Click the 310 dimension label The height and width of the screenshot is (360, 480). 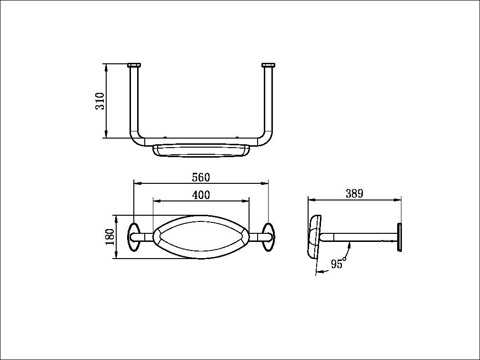tap(100, 101)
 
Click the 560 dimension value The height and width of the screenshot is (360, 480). tap(200, 178)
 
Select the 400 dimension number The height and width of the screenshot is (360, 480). tap(200, 195)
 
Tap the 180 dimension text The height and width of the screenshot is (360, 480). tap(110, 237)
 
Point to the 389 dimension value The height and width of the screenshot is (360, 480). tap(354, 193)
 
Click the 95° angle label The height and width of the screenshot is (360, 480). tap(338, 263)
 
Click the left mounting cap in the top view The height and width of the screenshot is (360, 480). tap(134, 65)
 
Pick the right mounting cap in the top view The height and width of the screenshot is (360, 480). tap(269, 65)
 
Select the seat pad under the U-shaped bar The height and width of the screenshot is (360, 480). tap(201, 151)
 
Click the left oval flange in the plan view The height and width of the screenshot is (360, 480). tap(134, 237)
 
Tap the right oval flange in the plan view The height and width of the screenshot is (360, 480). tap(268, 237)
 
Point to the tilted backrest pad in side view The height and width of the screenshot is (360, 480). tap(315, 237)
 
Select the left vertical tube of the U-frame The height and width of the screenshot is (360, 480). tap(134, 100)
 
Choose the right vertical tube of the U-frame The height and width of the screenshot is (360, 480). tap(269, 100)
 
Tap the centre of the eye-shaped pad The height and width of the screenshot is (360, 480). tap(200, 237)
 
